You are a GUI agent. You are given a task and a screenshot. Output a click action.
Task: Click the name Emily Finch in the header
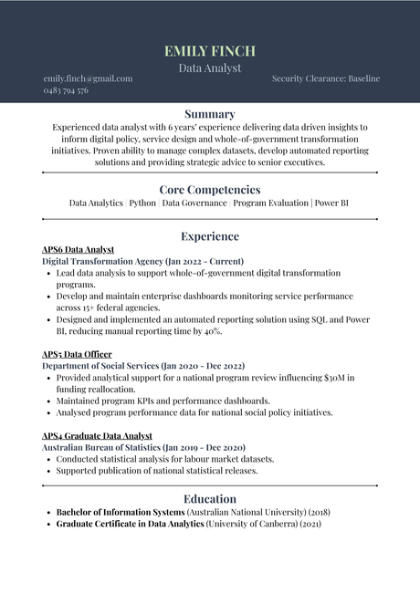[210, 50]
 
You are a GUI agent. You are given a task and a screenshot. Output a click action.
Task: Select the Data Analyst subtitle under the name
[210, 68]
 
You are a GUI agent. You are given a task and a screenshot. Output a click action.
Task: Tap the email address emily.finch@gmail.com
[88, 78]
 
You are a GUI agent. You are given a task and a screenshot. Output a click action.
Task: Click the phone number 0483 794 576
[66, 90]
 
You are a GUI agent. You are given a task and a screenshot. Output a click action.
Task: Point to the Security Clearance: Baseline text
[325, 78]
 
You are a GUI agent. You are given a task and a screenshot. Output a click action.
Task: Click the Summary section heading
[210, 114]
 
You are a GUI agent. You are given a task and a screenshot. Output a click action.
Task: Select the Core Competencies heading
[210, 189]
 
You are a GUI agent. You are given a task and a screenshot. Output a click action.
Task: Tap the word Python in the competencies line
[142, 203]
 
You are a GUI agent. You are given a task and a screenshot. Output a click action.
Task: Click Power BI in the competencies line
[331, 203]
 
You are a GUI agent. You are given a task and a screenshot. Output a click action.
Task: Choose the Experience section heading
[210, 236]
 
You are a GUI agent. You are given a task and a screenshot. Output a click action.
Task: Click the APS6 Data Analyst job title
[79, 249]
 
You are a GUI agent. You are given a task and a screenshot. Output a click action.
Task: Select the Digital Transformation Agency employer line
[142, 261]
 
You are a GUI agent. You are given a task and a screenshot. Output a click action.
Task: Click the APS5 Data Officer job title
[77, 354]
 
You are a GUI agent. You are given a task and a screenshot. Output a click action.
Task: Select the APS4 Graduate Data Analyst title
[97, 436]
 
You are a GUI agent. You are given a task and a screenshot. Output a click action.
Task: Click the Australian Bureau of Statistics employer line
[143, 448]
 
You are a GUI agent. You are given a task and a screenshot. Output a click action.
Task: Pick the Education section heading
[210, 499]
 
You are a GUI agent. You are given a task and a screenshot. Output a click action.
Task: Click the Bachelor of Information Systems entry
[121, 513]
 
